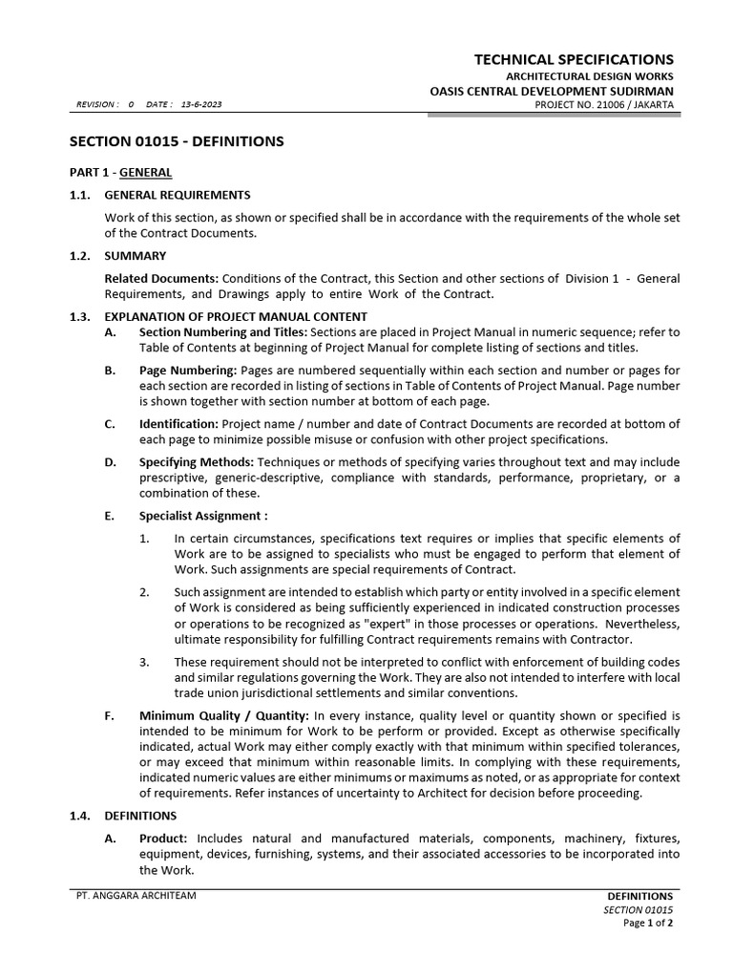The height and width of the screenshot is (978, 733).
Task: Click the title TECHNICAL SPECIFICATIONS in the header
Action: [x=574, y=59]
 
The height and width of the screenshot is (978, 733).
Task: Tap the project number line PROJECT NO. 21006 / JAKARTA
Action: [x=604, y=104]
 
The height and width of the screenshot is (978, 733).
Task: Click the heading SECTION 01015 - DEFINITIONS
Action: [x=177, y=141]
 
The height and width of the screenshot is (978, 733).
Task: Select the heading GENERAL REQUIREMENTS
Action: [x=178, y=195]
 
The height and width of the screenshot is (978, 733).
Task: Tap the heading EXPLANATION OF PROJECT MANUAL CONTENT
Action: [x=236, y=316]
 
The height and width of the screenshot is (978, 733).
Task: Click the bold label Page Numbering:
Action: [x=188, y=370]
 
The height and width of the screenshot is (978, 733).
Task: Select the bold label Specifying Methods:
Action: [x=196, y=461]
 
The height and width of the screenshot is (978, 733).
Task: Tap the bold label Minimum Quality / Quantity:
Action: [x=223, y=715]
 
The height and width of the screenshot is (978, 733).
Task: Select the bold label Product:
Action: [x=169, y=838]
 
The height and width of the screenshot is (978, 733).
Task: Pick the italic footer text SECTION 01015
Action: [x=639, y=910]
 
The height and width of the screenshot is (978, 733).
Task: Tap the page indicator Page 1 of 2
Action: [x=648, y=924]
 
